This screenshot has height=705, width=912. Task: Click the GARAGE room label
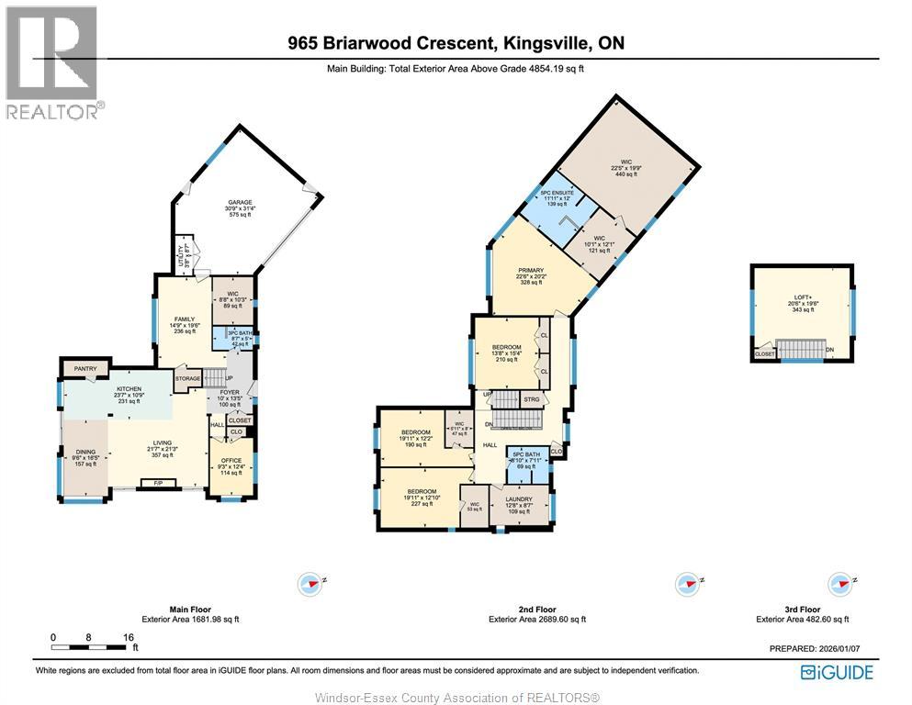[241, 202]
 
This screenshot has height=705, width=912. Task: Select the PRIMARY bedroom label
[531, 270]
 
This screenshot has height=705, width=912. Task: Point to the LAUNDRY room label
[519, 499]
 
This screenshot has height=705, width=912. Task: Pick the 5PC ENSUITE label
[556, 193]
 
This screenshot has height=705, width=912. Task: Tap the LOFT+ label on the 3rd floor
[804, 297]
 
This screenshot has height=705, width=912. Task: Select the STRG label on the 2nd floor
[531, 399]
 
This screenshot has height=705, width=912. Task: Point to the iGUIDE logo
[837, 672]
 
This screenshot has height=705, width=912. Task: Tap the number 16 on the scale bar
[129, 637]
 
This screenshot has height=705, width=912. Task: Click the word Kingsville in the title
[546, 43]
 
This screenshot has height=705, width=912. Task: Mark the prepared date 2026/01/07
[842, 649]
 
